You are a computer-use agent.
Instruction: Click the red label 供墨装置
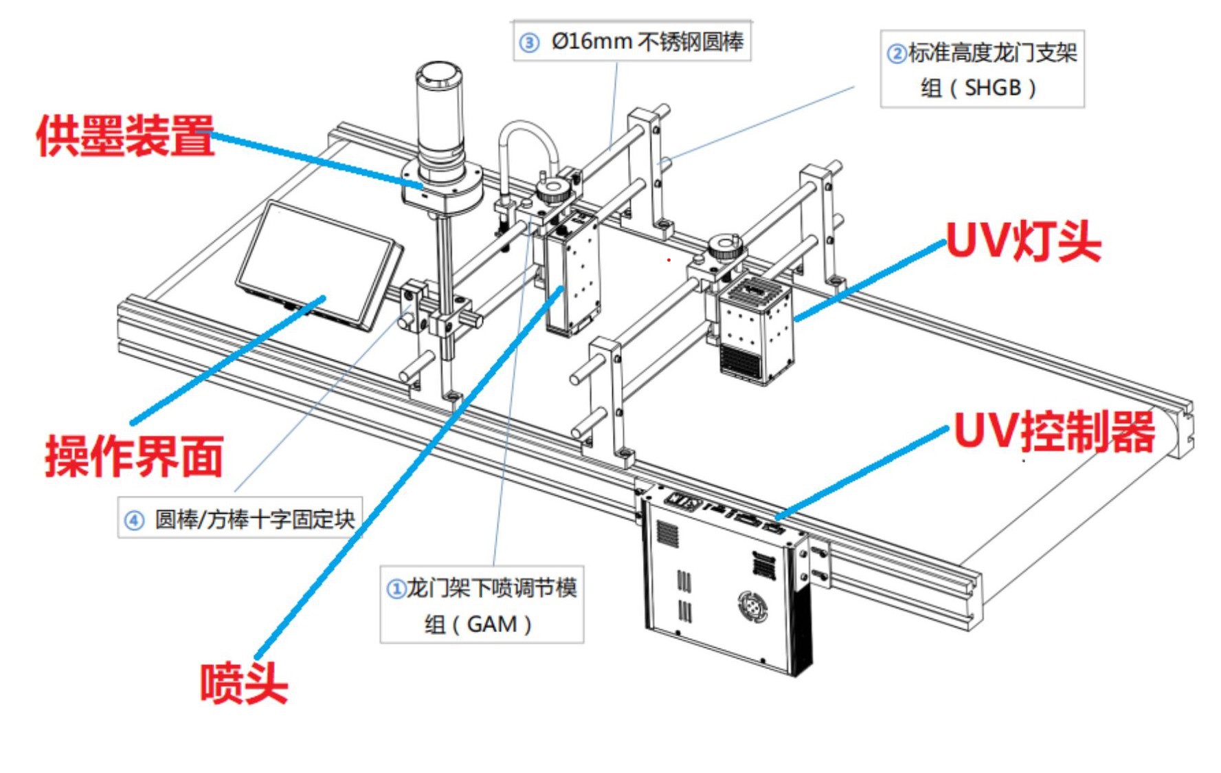pyautogui.click(x=125, y=135)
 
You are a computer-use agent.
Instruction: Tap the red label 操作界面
pyautogui.click(x=135, y=456)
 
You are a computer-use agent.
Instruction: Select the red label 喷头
pyautogui.click(x=243, y=683)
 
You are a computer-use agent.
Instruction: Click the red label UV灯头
pyautogui.click(x=1024, y=241)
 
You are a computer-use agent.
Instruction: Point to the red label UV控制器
pyautogui.click(x=1055, y=432)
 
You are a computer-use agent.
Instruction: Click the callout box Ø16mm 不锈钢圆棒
pyautogui.click(x=632, y=42)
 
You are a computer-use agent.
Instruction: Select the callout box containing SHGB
pyautogui.click(x=982, y=69)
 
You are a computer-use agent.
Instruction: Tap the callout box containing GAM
pyautogui.click(x=482, y=605)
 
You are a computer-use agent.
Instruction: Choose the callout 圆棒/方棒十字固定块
pyautogui.click(x=240, y=519)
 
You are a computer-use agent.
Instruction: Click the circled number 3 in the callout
pyautogui.click(x=529, y=43)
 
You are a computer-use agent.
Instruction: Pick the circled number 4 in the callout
pyautogui.click(x=134, y=520)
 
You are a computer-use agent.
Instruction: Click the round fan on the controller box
pyautogui.click(x=752, y=607)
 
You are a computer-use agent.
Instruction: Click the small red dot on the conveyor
pyautogui.click(x=669, y=260)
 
